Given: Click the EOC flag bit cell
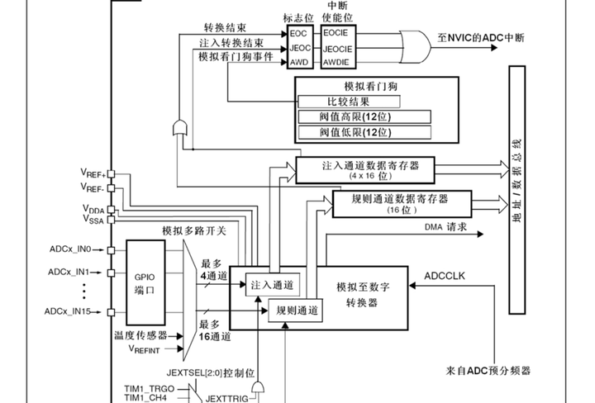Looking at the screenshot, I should point(298,34).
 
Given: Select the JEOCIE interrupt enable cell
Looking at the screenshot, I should point(335,48).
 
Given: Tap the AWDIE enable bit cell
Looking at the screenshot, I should point(335,63).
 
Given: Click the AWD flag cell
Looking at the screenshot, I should point(298,63).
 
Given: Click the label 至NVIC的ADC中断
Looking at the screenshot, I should point(482,38).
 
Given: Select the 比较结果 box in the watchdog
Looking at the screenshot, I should point(348,102).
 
